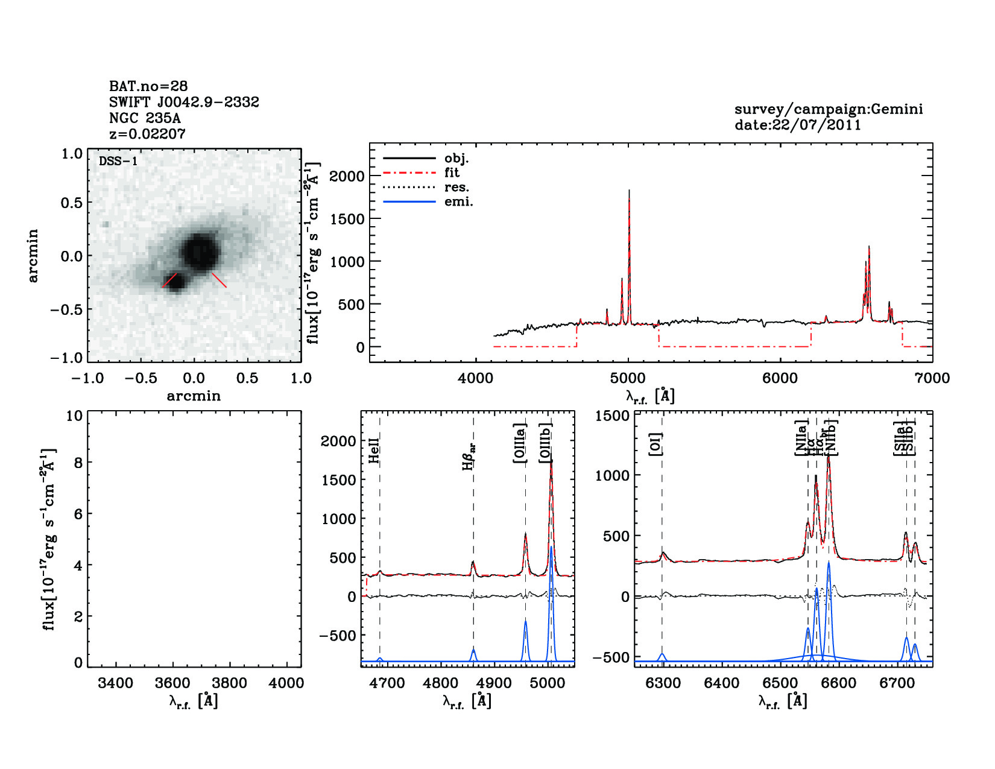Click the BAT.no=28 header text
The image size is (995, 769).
click(148, 86)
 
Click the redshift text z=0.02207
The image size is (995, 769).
click(147, 134)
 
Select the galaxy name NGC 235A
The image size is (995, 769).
click(145, 118)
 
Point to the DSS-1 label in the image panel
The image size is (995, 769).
click(118, 161)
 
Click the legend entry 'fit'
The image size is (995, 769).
click(452, 172)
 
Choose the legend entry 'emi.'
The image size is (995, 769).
click(458, 201)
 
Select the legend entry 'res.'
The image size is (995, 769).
click(456, 187)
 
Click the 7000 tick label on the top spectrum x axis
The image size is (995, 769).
click(932, 378)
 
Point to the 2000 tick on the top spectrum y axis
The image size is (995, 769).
click(347, 176)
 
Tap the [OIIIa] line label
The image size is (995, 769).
click(520, 443)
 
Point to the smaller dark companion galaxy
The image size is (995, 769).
click(175, 282)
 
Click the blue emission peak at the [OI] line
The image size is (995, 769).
click(662, 654)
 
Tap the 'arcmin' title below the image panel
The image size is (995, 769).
click(194, 396)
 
